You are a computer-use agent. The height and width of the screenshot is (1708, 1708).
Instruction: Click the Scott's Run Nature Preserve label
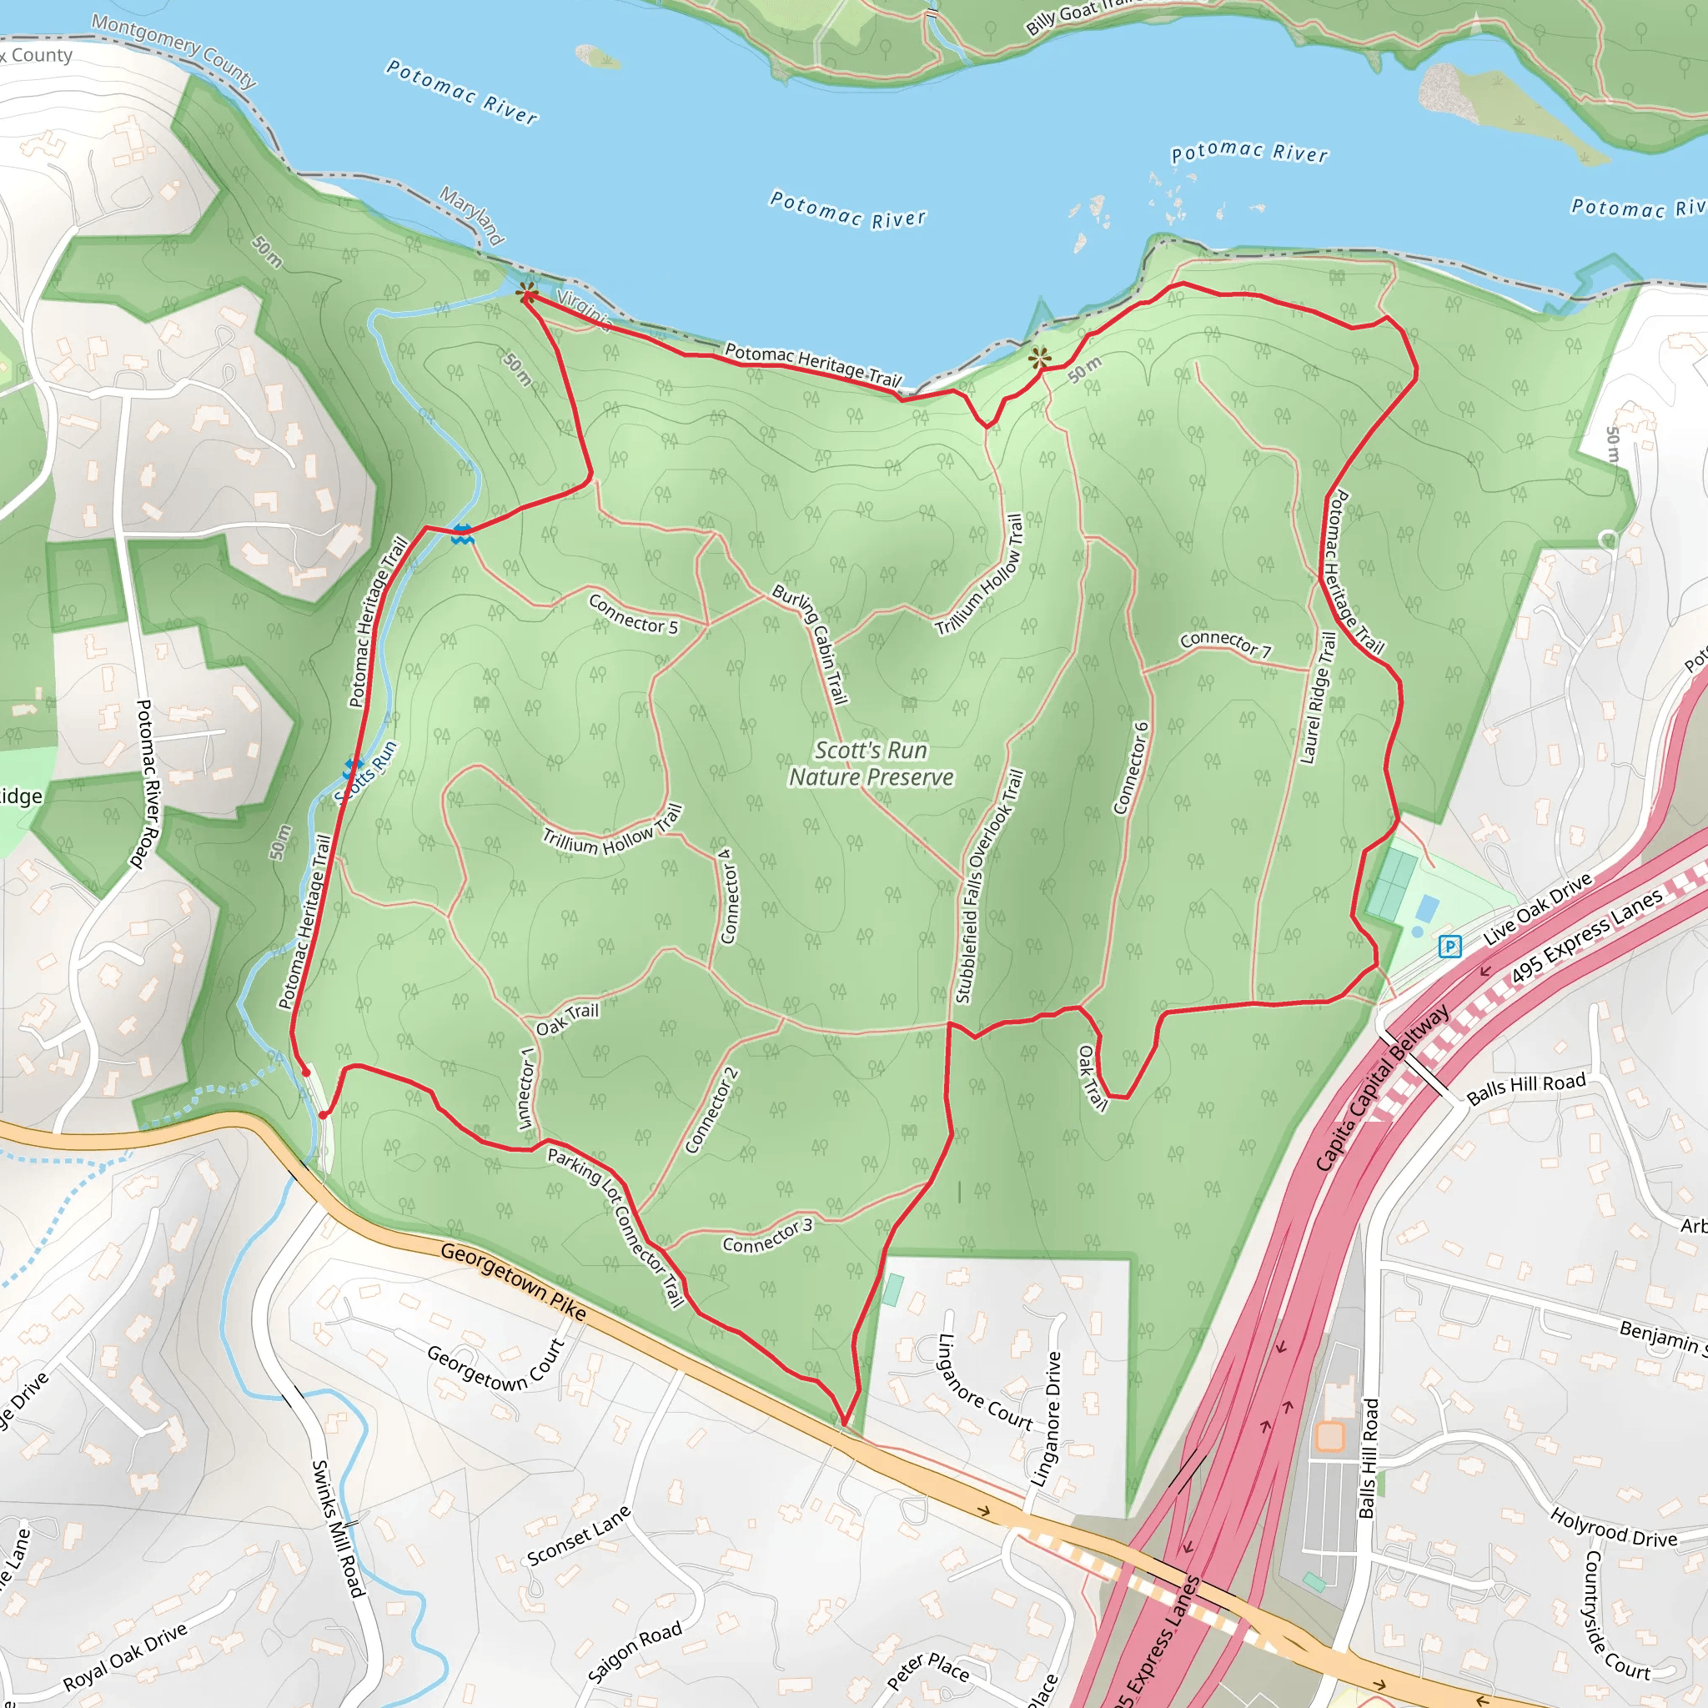pyautogui.click(x=871, y=764)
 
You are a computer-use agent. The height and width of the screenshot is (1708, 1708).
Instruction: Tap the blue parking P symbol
pyautogui.click(x=1449, y=947)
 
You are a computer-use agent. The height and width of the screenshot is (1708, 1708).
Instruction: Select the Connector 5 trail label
pyautogui.click(x=633, y=615)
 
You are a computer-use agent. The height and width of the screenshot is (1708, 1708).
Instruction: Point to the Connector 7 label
pyautogui.click(x=1225, y=643)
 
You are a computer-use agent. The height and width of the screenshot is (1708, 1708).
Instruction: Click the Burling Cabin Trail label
pyautogui.click(x=810, y=644)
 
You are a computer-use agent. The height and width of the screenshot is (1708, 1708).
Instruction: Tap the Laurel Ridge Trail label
pyautogui.click(x=1317, y=697)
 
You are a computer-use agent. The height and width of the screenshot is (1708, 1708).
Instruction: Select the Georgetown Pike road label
pyautogui.click(x=513, y=1282)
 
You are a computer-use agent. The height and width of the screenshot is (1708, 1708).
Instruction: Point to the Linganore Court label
pyautogui.click(x=984, y=1384)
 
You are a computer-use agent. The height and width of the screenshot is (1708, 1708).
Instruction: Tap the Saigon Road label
pyautogui.click(x=634, y=1653)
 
